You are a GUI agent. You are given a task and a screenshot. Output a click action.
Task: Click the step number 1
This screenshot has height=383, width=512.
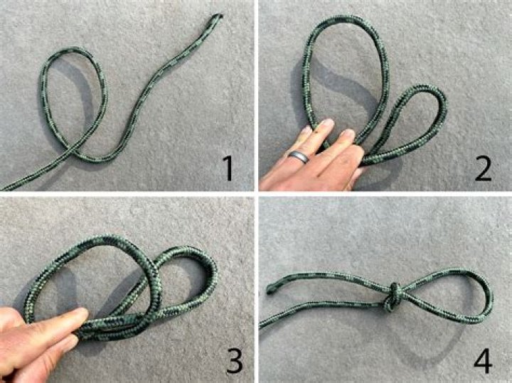pos(229,168)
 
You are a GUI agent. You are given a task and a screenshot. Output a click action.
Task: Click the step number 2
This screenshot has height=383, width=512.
pos(483,168)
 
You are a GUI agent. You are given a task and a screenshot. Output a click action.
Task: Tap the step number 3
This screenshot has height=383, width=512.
pos(234,360)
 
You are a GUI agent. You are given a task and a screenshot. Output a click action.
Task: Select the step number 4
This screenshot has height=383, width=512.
pos(483,361)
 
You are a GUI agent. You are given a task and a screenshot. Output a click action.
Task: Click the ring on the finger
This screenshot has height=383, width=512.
pos(298,156)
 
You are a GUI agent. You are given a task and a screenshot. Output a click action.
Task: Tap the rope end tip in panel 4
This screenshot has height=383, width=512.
pos(271,289)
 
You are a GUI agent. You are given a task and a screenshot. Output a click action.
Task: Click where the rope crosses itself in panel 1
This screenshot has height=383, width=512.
pos(73,151)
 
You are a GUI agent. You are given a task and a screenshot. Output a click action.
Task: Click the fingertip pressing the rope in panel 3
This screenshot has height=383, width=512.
pos(80,313)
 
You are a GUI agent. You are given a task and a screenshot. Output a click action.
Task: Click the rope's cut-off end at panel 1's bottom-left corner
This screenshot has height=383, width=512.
pos(4,187)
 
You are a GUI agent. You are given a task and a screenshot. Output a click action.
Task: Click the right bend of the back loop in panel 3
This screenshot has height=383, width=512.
pos(211,274)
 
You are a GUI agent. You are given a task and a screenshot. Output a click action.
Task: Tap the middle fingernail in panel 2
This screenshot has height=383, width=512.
pos(326,124)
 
